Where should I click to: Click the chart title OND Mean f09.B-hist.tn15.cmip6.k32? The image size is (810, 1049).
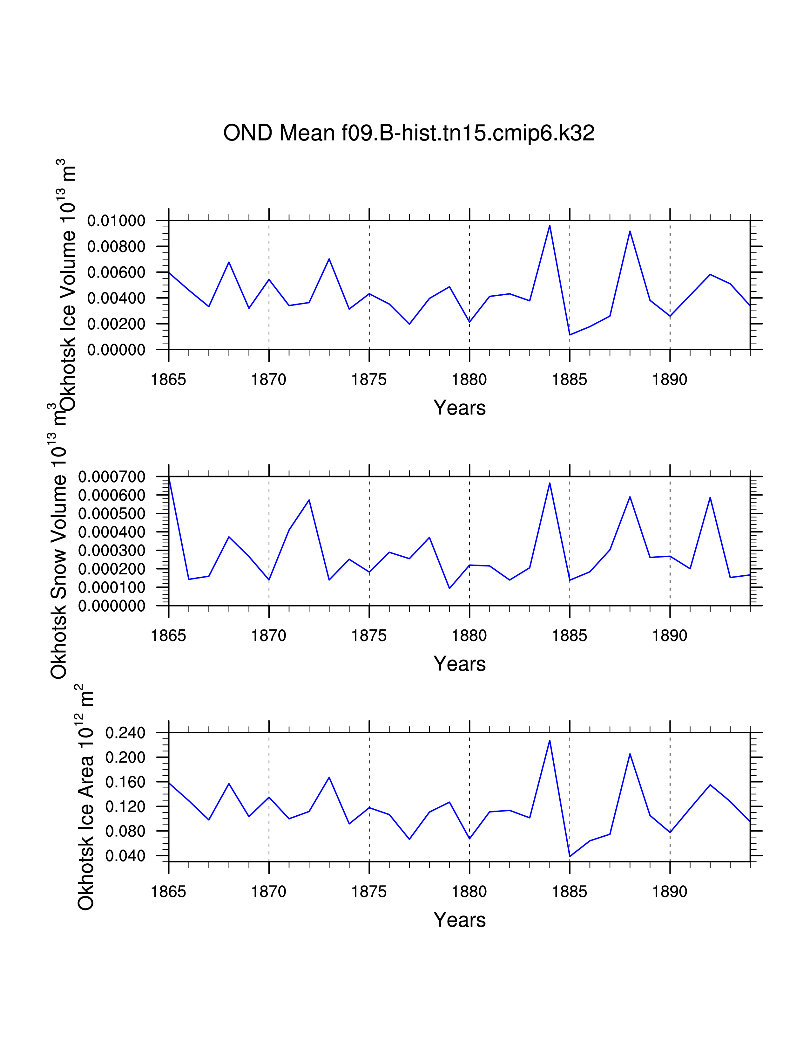[409, 133]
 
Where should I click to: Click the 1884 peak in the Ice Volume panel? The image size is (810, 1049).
[550, 226]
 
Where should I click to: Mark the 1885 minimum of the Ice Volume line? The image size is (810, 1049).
[570, 334]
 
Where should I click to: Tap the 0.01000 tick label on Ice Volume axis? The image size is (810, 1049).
[116, 221]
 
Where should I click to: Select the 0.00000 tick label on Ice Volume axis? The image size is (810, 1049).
[116, 350]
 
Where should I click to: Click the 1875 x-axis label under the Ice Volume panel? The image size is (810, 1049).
[369, 380]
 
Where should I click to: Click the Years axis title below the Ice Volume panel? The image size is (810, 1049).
[459, 408]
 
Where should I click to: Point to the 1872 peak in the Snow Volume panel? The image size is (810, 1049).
[309, 500]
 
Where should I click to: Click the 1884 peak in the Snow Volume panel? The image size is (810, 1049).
[550, 483]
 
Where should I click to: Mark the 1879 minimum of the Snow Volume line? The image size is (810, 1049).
[449, 588]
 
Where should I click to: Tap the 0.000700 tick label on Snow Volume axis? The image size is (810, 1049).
[112, 477]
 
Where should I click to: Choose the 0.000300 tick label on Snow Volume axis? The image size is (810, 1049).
[112, 551]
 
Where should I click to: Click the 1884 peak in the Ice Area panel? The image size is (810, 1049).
[550, 740]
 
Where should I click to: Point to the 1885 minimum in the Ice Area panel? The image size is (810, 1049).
[570, 856]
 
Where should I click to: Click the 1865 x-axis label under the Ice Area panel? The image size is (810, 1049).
[168, 892]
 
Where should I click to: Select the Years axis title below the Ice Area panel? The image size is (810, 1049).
[459, 920]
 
